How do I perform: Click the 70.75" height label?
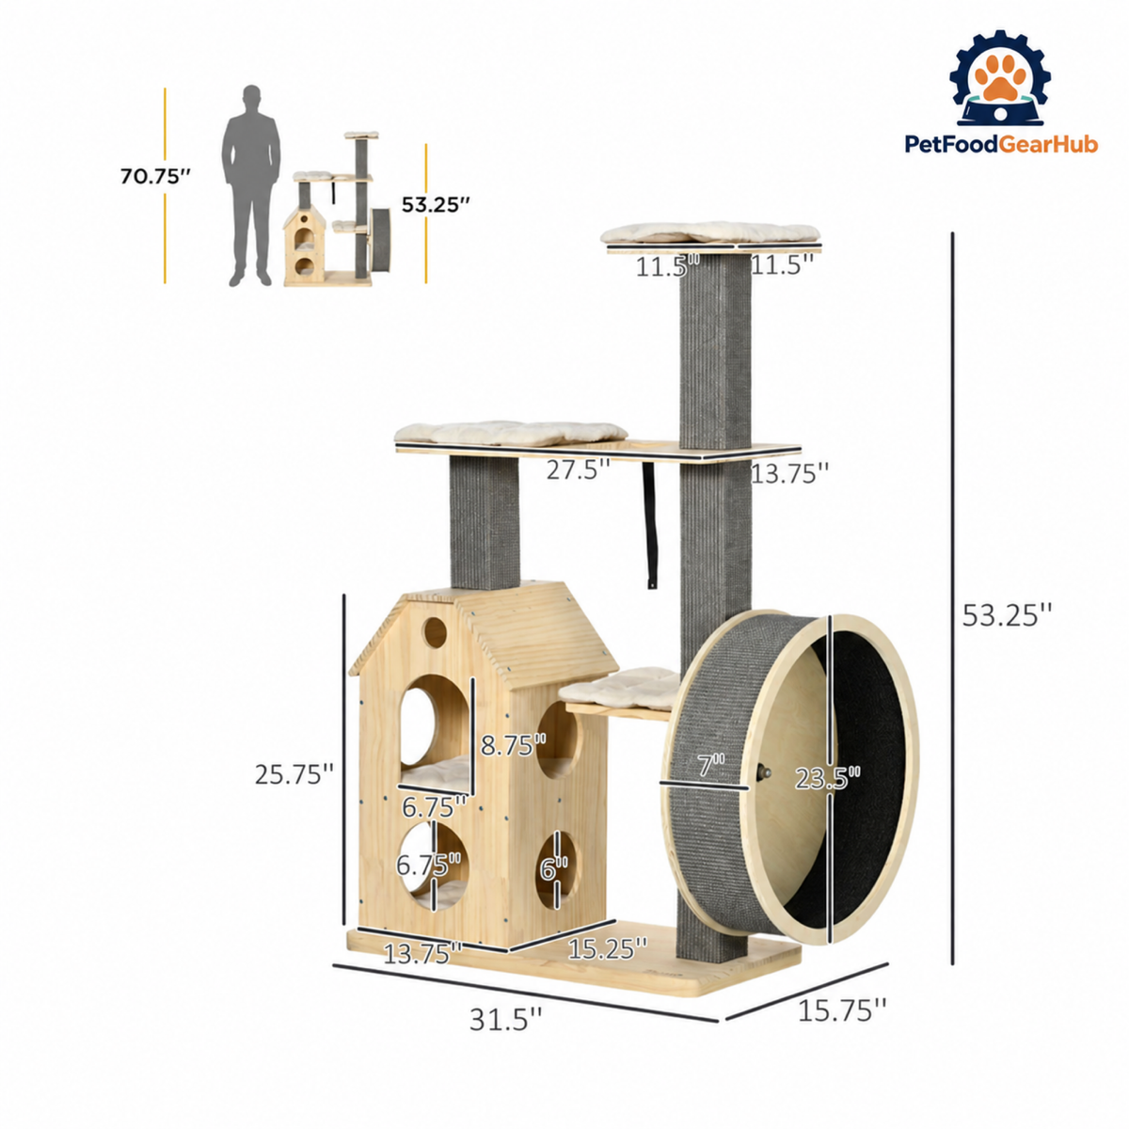pyautogui.click(x=155, y=176)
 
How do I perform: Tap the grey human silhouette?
pyautogui.click(x=251, y=185)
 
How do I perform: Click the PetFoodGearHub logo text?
pyautogui.click(x=1001, y=144)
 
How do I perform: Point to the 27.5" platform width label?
pyautogui.click(x=579, y=469)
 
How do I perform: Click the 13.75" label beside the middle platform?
pyautogui.click(x=789, y=473)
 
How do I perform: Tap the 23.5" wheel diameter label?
pyautogui.click(x=827, y=779)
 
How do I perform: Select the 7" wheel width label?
pyautogui.click(x=710, y=765)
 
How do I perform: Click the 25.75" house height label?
pyautogui.click(x=294, y=774)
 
